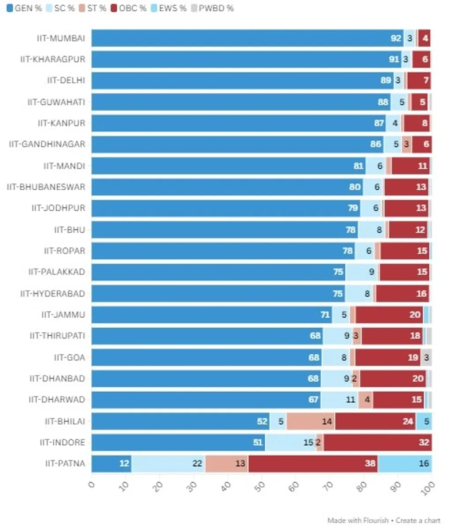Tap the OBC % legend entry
click(x=129, y=8)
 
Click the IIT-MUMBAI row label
click(x=60, y=38)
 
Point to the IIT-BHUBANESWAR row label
click(x=46, y=187)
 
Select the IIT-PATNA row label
click(x=65, y=463)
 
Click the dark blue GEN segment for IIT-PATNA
click(x=111, y=463)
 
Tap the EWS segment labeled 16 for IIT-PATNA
click(x=405, y=463)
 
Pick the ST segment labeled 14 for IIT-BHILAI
click(x=311, y=421)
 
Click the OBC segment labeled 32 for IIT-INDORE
click(x=377, y=442)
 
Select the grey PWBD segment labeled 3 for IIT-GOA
click(x=426, y=357)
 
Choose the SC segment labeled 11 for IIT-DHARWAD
click(x=339, y=400)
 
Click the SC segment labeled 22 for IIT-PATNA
click(x=168, y=463)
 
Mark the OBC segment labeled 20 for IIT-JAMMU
click(x=389, y=315)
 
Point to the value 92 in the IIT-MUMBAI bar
click(x=396, y=38)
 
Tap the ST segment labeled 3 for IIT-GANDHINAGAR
click(x=406, y=144)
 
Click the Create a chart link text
click(x=418, y=521)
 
